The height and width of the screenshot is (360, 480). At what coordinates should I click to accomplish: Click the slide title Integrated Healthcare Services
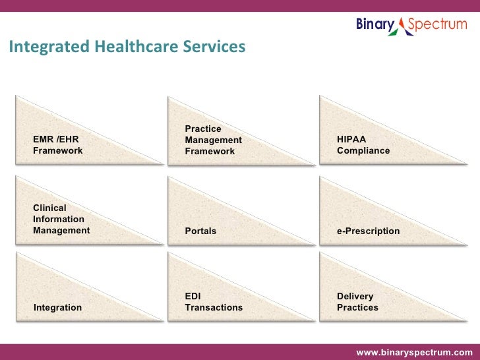click(127, 47)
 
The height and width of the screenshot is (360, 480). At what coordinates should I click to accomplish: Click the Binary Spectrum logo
click(411, 26)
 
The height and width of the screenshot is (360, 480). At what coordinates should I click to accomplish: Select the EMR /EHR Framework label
click(57, 145)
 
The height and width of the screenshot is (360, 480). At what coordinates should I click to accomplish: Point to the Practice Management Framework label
click(213, 140)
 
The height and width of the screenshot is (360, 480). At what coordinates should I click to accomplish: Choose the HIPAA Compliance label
click(363, 145)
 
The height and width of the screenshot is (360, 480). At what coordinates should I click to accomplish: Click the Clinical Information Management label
click(61, 219)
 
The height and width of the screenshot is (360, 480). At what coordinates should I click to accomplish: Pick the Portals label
click(200, 231)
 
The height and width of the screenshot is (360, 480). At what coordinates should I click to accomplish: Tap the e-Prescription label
click(368, 231)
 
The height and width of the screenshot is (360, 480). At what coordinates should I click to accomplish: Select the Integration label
click(57, 307)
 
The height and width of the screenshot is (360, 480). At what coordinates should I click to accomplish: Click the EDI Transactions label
click(214, 302)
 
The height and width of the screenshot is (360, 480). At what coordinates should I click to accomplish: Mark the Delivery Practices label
click(357, 302)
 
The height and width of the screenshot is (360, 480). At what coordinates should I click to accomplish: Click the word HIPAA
click(351, 140)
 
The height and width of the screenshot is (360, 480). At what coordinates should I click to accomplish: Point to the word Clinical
click(49, 208)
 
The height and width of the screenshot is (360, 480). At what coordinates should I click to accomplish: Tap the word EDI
click(193, 297)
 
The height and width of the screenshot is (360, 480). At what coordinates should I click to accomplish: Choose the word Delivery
click(355, 297)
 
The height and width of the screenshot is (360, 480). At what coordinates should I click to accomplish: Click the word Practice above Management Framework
click(202, 129)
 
